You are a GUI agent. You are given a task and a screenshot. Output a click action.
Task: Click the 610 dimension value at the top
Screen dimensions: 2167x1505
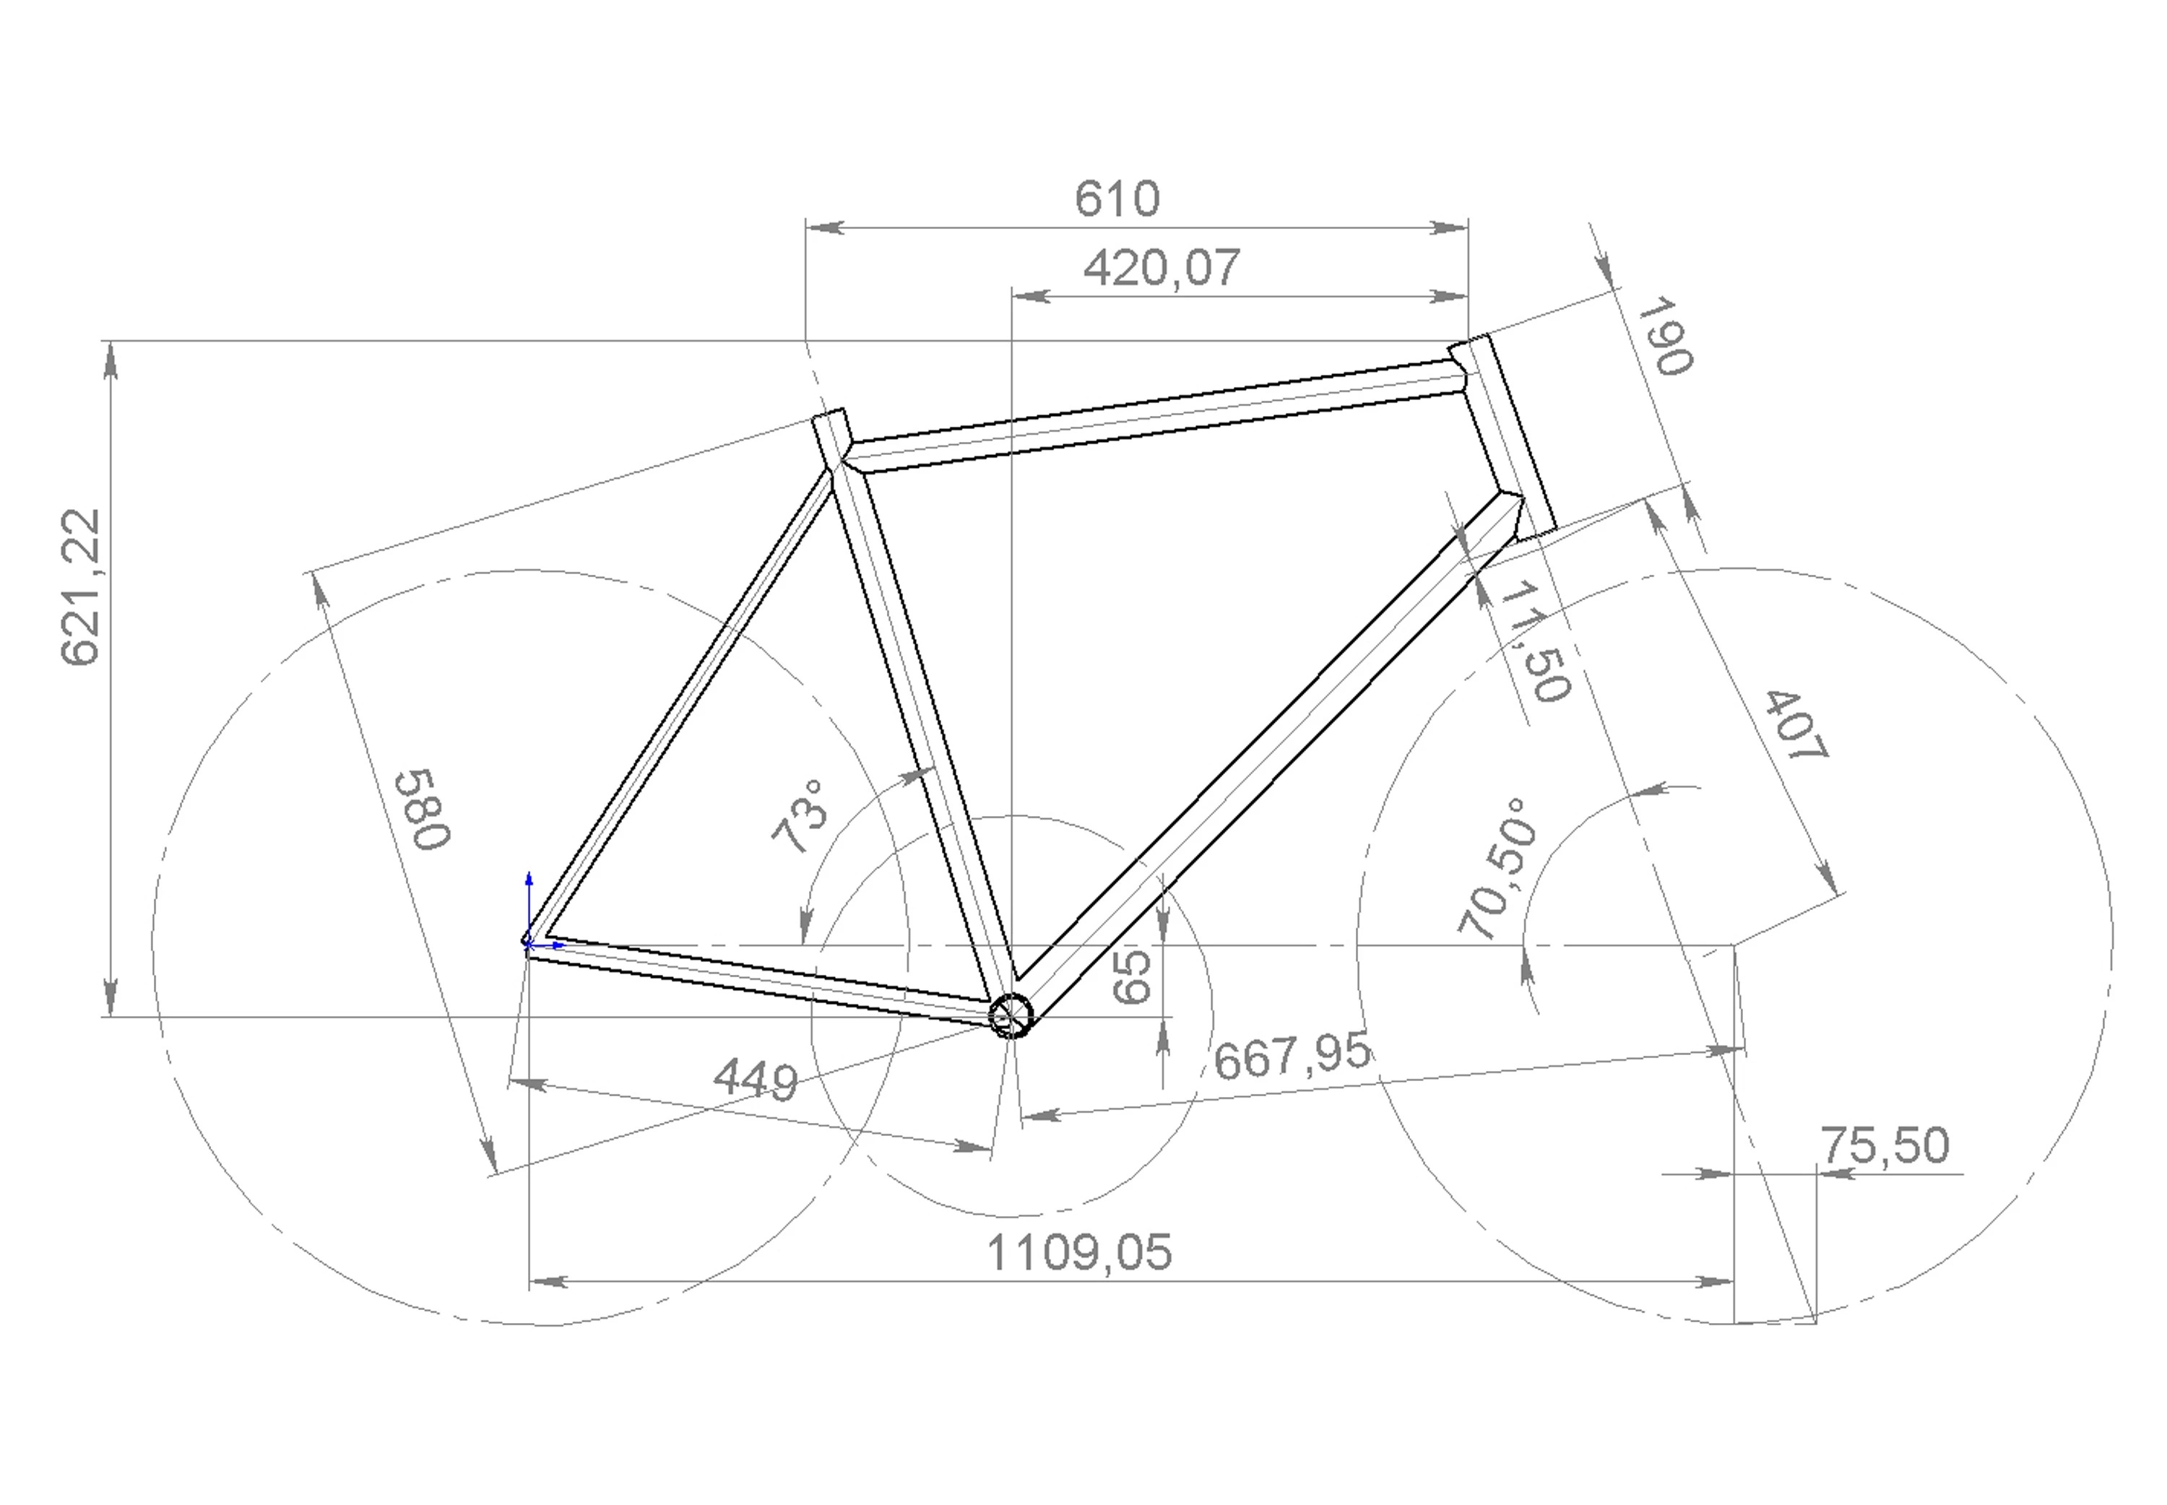coord(1117,199)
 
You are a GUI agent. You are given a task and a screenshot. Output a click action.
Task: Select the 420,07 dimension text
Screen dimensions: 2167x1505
coord(1161,269)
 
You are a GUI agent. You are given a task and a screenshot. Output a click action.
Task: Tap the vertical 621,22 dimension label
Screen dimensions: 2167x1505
coord(80,586)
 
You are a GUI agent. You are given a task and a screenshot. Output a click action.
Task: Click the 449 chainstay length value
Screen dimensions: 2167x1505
coord(756,1080)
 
